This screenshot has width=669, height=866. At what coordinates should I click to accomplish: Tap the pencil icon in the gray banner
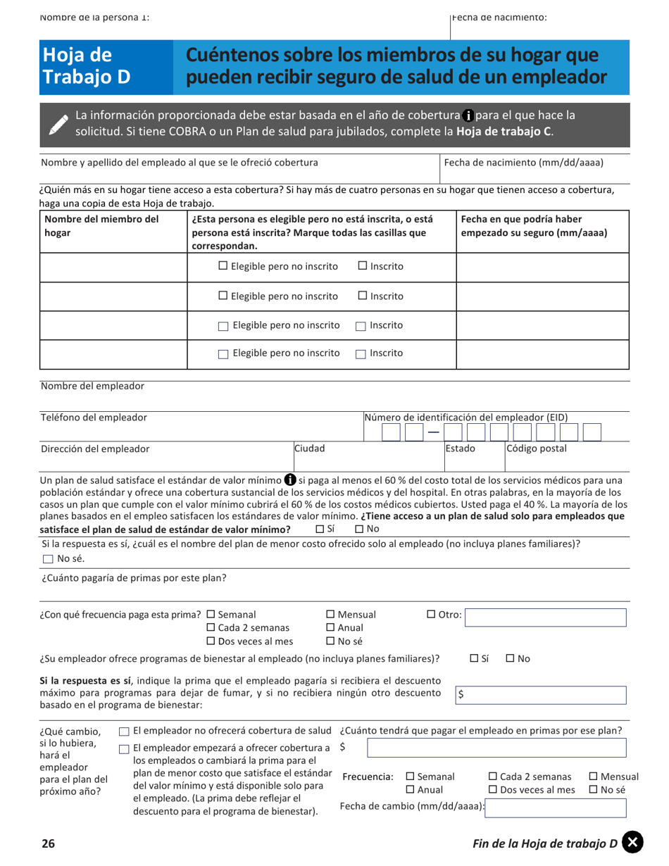(58, 123)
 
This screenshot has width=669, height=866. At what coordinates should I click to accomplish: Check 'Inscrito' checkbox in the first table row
(363, 266)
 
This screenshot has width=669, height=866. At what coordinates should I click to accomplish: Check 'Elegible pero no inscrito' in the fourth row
(223, 354)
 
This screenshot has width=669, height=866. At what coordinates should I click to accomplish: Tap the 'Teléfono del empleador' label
(94, 418)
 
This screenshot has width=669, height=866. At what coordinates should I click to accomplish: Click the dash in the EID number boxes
(433, 432)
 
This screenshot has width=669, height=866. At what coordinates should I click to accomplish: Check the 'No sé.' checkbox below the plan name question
(47, 560)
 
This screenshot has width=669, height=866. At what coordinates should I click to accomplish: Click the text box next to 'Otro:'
(546, 617)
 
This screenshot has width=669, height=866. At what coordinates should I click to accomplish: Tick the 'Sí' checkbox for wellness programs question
(475, 659)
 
